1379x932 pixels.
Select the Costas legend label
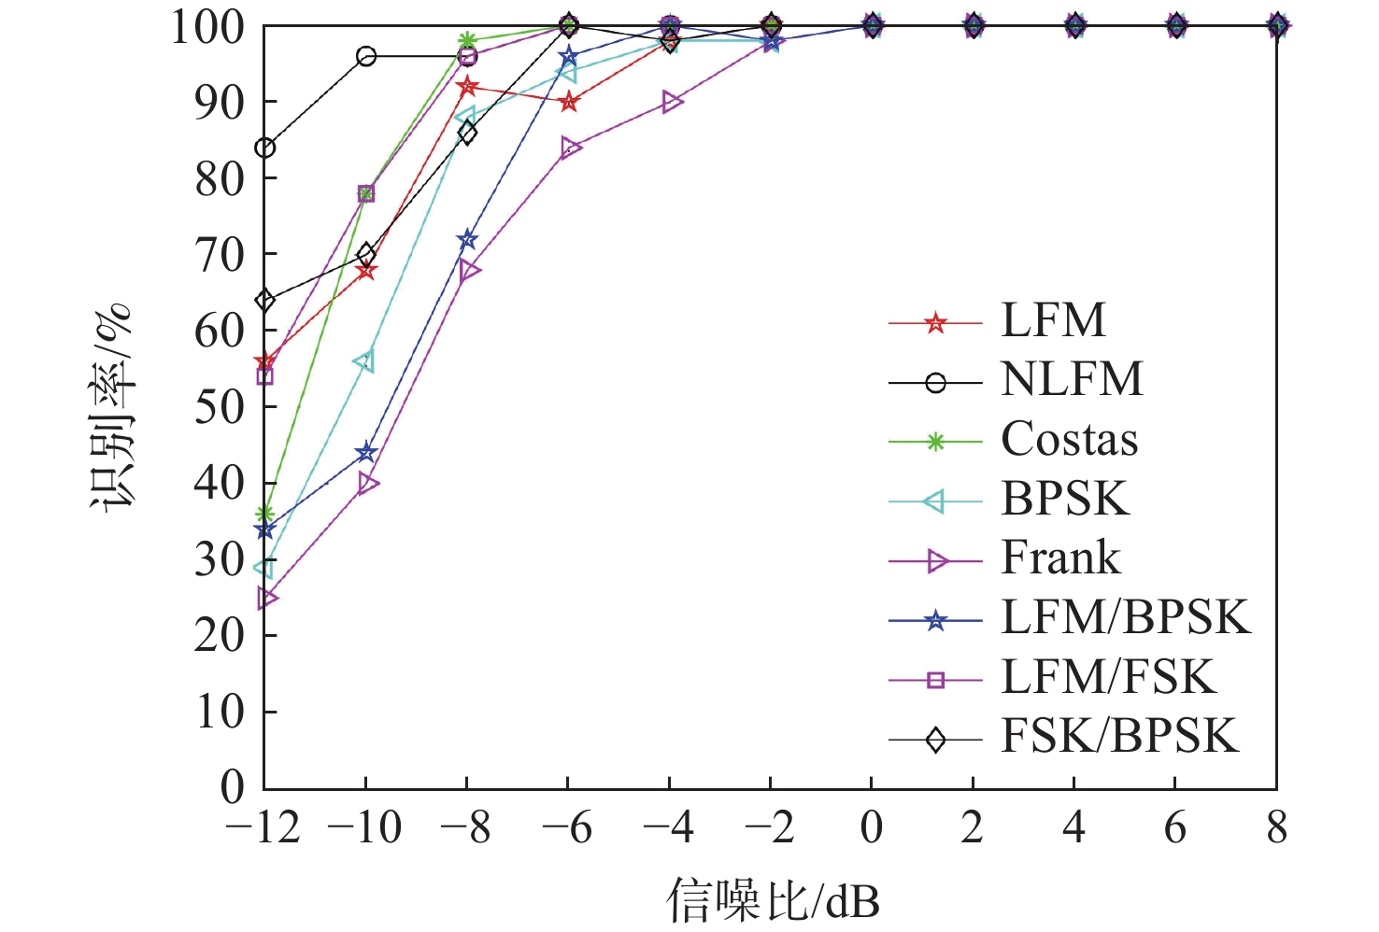point(1070,440)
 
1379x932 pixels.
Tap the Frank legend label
point(1060,558)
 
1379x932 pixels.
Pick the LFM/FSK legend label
point(1108,677)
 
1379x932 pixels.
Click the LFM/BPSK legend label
point(1125,618)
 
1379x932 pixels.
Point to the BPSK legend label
point(1065,500)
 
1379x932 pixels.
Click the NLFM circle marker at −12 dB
point(265,148)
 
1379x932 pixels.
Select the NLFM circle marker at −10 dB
point(366,57)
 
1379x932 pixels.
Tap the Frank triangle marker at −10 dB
point(367,483)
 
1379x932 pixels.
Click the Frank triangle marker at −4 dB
point(671,102)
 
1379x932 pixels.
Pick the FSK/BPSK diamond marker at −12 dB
point(265,301)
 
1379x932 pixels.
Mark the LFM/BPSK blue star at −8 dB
point(467,241)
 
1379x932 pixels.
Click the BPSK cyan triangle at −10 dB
point(364,361)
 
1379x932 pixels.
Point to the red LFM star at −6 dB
point(569,103)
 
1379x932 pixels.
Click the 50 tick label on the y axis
point(220,406)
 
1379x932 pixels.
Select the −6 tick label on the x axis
point(568,828)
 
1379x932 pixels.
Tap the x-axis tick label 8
point(1276,828)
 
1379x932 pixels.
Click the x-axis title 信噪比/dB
point(773,900)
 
